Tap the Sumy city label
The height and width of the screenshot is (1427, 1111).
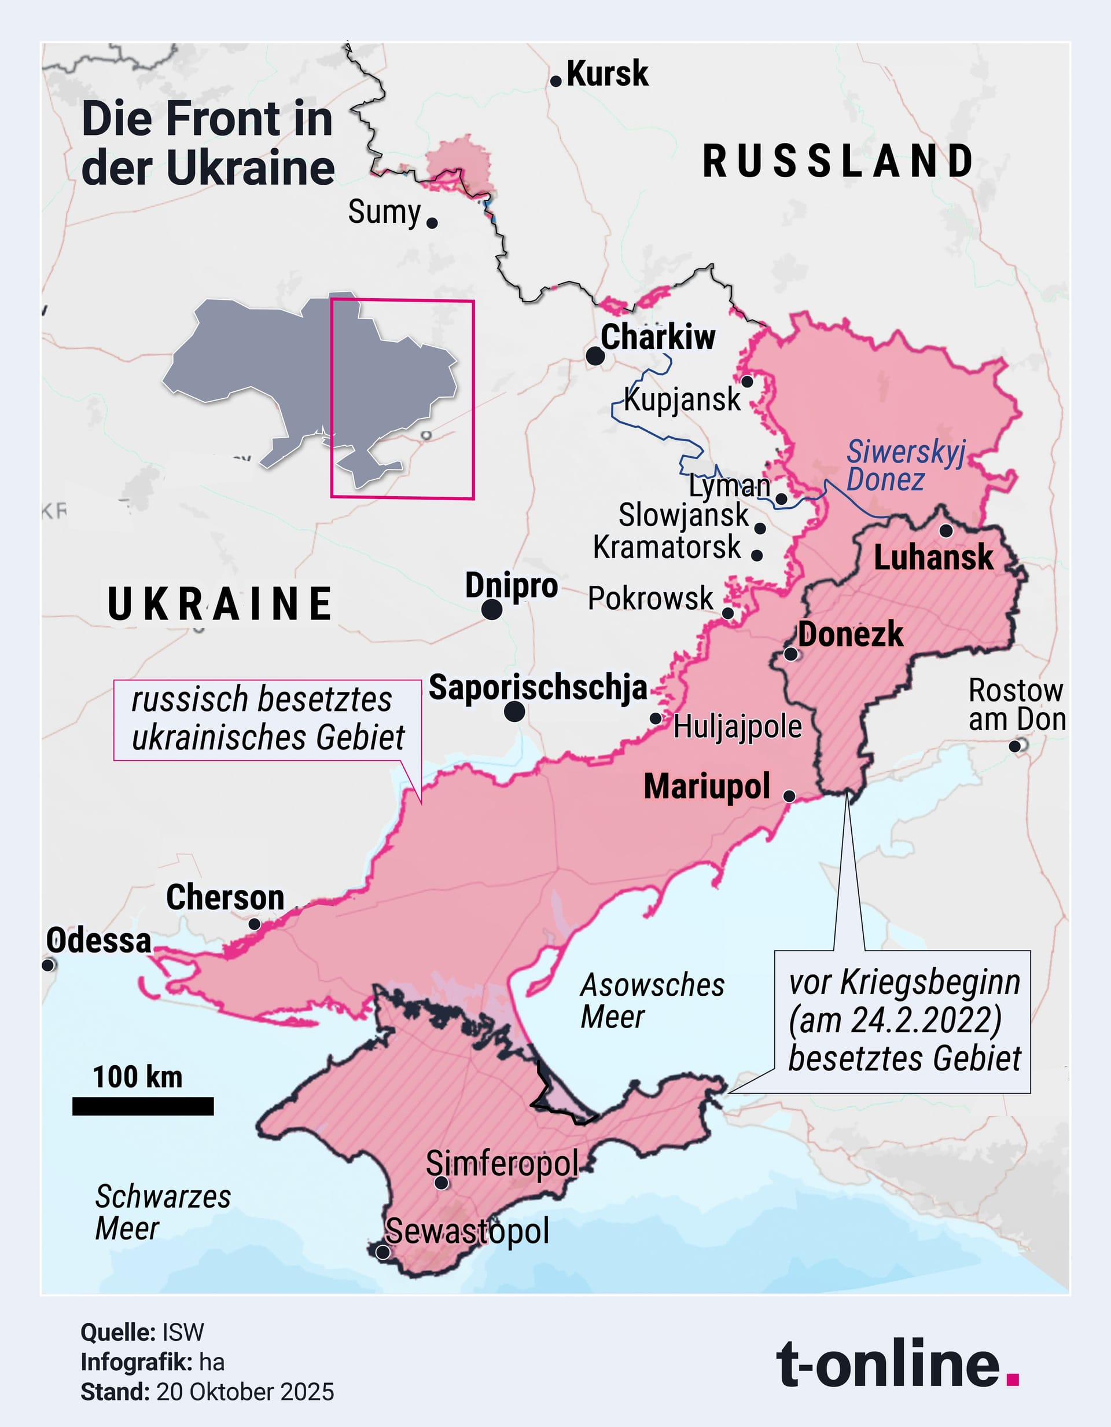pos(384,212)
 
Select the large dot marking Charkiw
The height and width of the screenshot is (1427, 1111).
pos(594,356)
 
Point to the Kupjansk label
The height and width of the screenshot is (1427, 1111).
pos(682,399)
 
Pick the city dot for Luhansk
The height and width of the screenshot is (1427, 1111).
pos(946,530)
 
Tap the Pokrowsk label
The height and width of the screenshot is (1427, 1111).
pos(650,599)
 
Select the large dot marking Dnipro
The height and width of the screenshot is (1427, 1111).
pos(492,610)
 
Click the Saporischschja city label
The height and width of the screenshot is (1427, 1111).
pos(538,688)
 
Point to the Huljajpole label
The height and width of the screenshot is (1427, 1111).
pos(737,727)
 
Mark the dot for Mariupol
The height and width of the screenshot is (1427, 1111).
pos(789,796)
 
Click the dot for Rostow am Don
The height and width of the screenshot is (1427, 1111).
pos(1015,746)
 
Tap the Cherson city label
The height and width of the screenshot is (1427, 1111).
pos(225,898)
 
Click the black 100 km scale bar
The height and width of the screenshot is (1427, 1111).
pos(143,1106)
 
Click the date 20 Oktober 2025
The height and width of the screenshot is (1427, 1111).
pos(245,1392)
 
